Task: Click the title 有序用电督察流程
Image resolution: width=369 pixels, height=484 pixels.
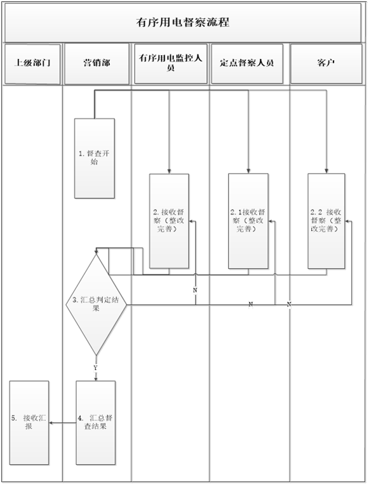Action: pyautogui.click(x=183, y=22)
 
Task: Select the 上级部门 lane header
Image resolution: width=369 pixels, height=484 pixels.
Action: pyautogui.click(x=32, y=63)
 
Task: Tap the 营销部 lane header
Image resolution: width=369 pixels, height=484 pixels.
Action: pyautogui.click(x=97, y=63)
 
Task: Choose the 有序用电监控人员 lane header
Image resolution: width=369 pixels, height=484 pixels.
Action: pyautogui.click(x=171, y=63)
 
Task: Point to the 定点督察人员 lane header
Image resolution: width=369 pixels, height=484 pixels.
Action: pyautogui.click(x=247, y=63)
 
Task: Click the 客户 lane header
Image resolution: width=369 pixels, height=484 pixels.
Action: pyautogui.click(x=326, y=63)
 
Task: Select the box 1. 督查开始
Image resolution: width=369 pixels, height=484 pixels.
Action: pyautogui.click(x=95, y=158)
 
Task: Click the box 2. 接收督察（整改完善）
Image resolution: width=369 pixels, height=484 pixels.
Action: pyautogui.click(x=170, y=221)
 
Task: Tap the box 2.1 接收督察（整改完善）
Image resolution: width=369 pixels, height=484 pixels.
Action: pyautogui.click(x=248, y=221)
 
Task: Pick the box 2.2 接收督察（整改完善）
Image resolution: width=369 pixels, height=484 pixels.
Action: pyautogui.click(x=326, y=221)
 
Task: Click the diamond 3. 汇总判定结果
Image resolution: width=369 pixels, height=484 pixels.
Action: pyautogui.click(x=96, y=304)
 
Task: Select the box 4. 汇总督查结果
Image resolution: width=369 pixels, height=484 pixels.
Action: pyautogui.click(x=96, y=422)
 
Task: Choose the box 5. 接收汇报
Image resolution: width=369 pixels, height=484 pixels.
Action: pyautogui.click(x=29, y=422)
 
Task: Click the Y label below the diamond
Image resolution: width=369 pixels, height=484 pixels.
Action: pyautogui.click(x=95, y=368)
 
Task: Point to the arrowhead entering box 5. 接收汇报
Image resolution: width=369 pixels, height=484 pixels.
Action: pyautogui.click(x=51, y=423)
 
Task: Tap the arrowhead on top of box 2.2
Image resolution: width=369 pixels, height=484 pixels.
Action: pyautogui.click(x=326, y=171)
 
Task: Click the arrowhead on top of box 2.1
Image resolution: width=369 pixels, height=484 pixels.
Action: pyautogui.click(x=248, y=171)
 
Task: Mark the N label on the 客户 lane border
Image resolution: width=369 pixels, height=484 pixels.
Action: pyautogui.click(x=289, y=304)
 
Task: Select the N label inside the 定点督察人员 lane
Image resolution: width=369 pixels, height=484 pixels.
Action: pyautogui.click(x=251, y=304)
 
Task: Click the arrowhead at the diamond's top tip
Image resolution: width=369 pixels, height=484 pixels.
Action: pyautogui.click(x=96, y=252)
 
